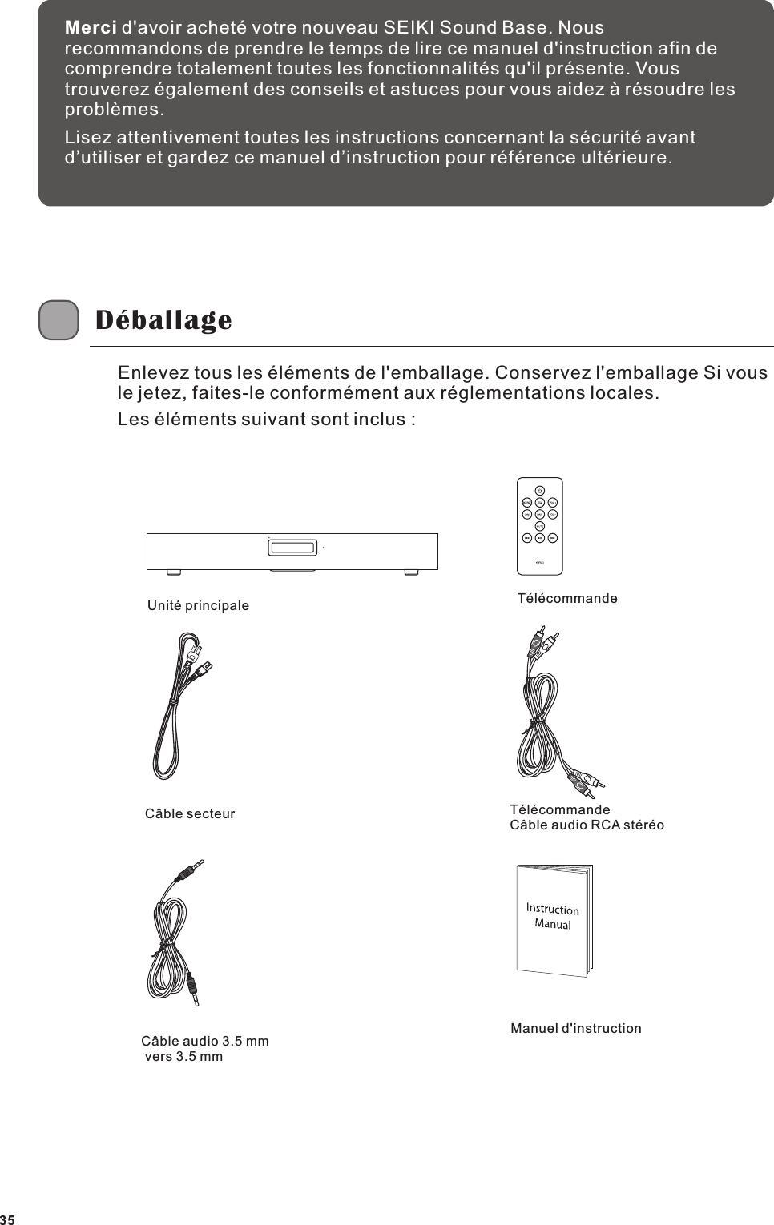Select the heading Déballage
(x=163, y=320)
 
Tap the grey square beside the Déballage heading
(x=58, y=321)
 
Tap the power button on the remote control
(x=540, y=490)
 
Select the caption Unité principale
(x=198, y=606)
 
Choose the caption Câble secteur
(x=190, y=814)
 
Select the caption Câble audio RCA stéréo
(x=587, y=825)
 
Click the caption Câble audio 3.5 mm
(x=205, y=1042)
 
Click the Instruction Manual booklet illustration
(x=554, y=920)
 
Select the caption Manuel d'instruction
(x=575, y=1028)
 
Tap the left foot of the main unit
(x=171, y=572)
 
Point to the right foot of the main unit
(x=412, y=572)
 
